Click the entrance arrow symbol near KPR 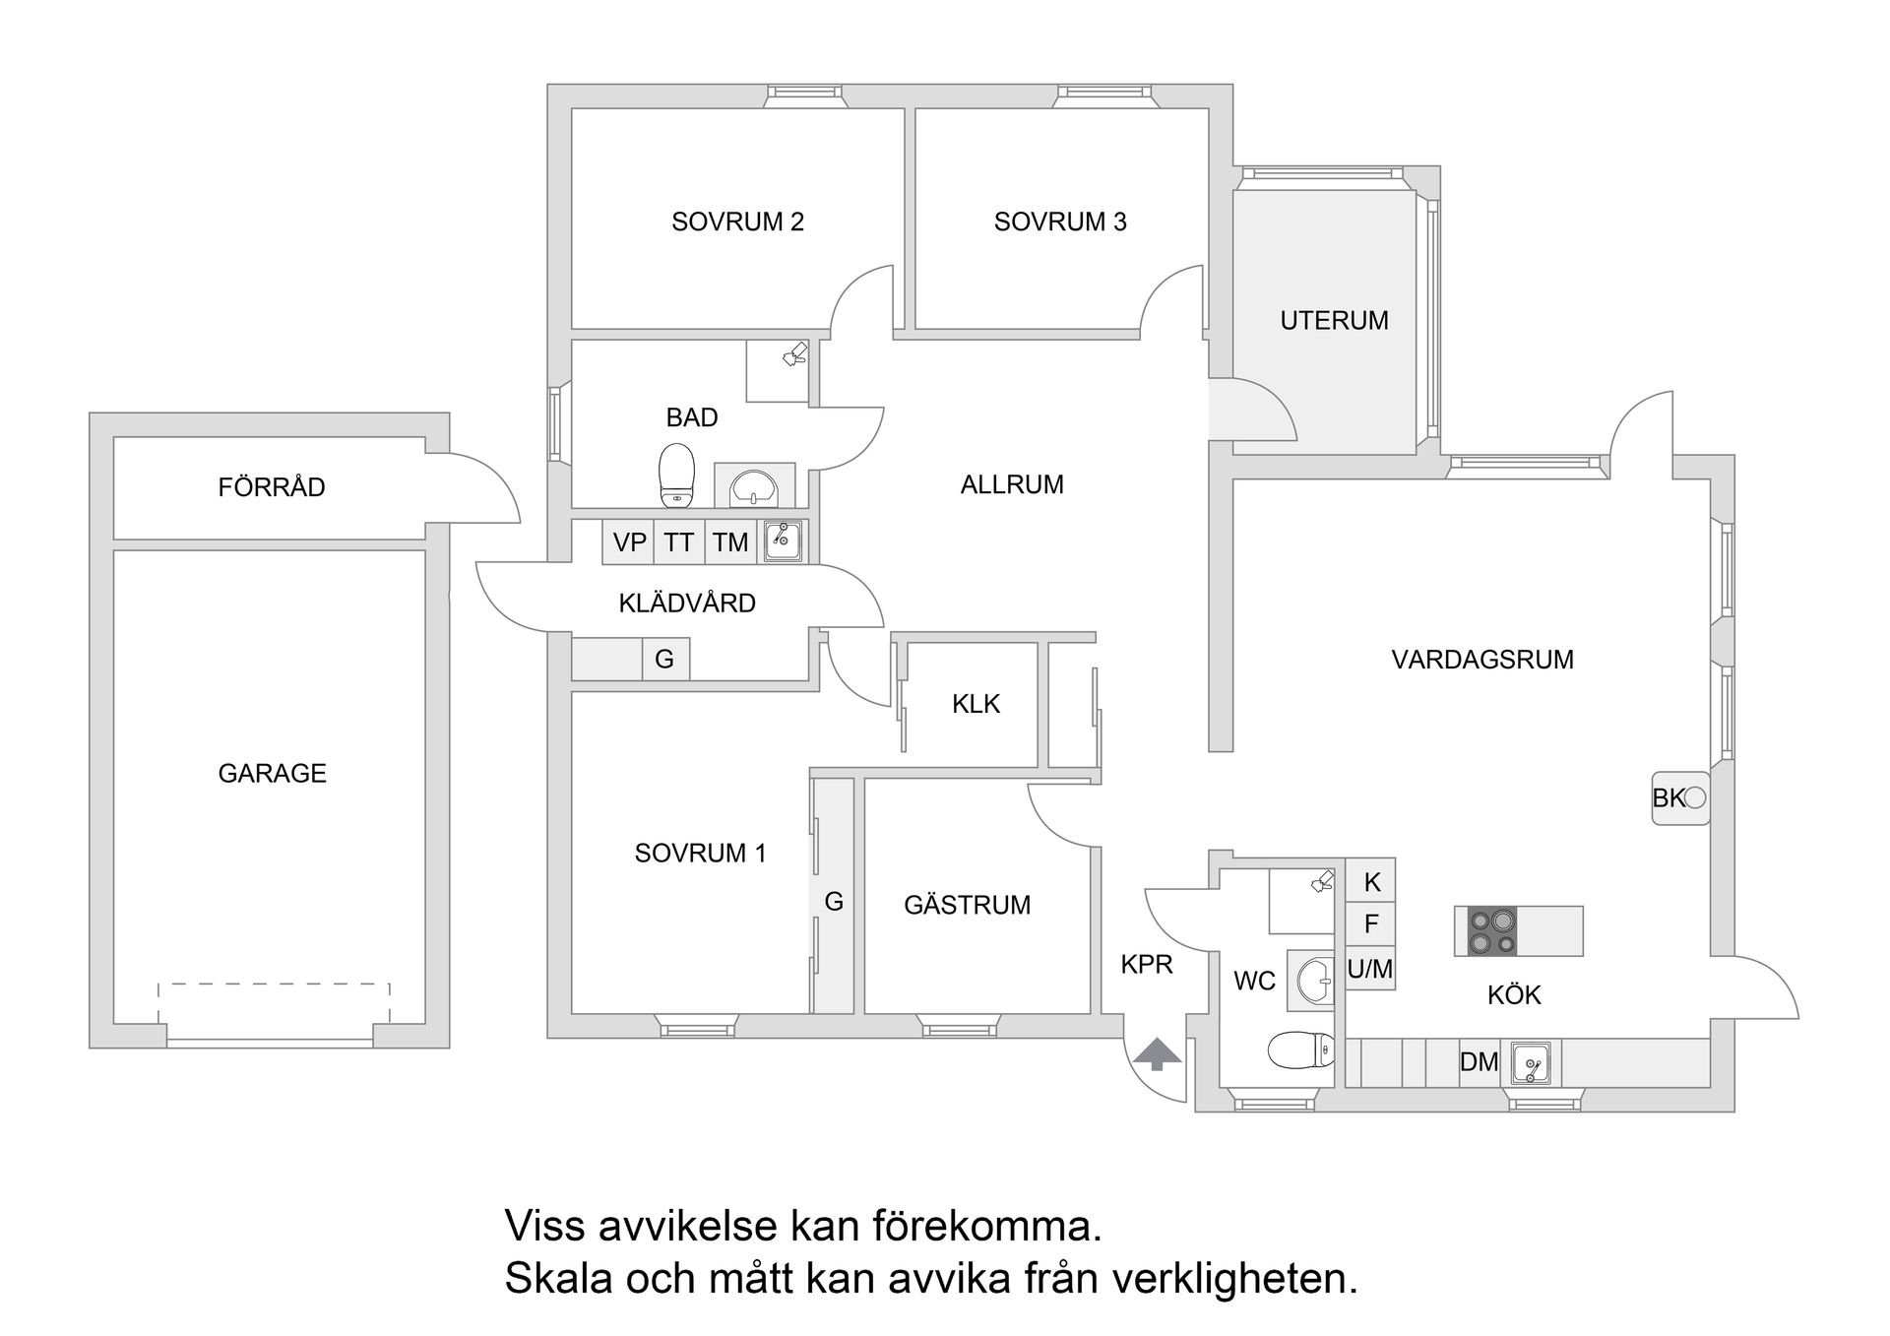point(1157,1054)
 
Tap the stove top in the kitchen point(1491,931)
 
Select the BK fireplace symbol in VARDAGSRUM point(1679,797)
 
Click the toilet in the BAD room point(676,475)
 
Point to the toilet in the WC point(1300,1050)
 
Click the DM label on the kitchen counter point(1479,1061)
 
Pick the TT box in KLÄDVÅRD point(678,542)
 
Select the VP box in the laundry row point(629,542)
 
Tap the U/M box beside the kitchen point(1369,969)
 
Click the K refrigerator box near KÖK point(1371,882)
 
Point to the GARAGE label point(272,773)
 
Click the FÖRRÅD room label point(272,486)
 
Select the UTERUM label point(1334,320)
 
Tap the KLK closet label point(976,704)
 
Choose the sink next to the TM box point(784,541)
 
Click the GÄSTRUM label point(967,905)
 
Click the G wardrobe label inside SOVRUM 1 point(834,901)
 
